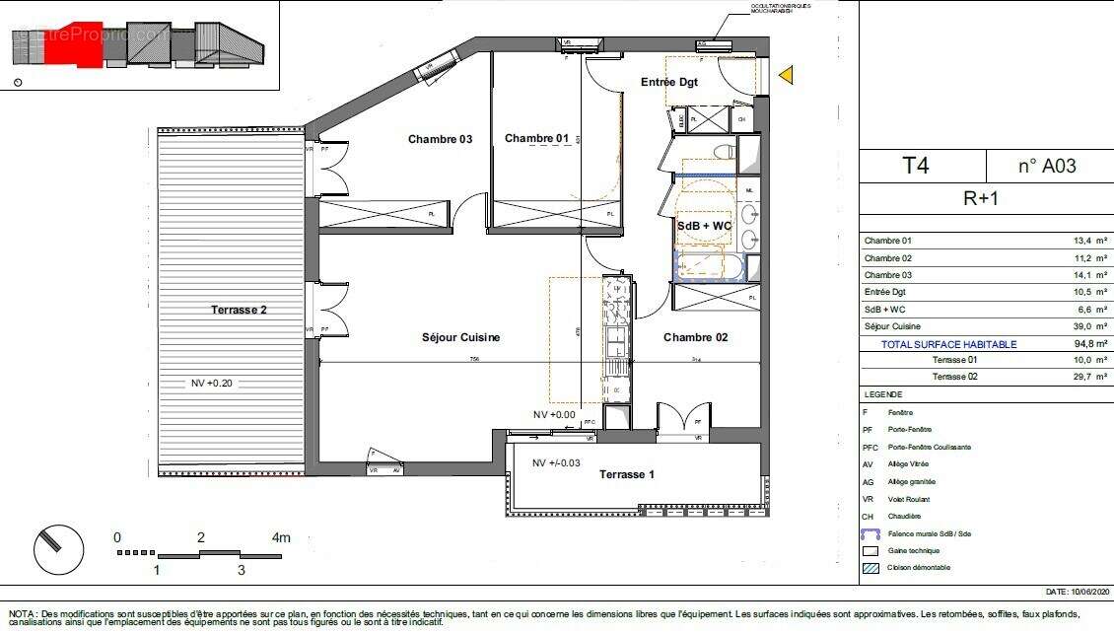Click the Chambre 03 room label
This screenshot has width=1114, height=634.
pyautogui.click(x=440, y=139)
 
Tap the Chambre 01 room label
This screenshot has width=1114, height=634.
pyautogui.click(x=536, y=139)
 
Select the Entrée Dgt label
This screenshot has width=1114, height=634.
pyautogui.click(x=669, y=82)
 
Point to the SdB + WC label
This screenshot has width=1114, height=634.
pyautogui.click(x=704, y=226)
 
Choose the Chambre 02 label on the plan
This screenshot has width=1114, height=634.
pyautogui.click(x=695, y=337)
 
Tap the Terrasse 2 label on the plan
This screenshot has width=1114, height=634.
pyautogui.click(x=239, y=310)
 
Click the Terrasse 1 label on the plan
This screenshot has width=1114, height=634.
pyautogui.click(x=627, y=474)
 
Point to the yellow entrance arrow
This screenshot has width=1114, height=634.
pyautogui.click(x=786, y=75)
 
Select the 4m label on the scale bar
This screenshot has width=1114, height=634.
pyautogui.click(x=282, y=537)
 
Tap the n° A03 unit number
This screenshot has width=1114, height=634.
pyautogui.click(x=1046, y=166)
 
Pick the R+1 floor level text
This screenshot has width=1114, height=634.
pyautogui.click(x=981, y=197)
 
